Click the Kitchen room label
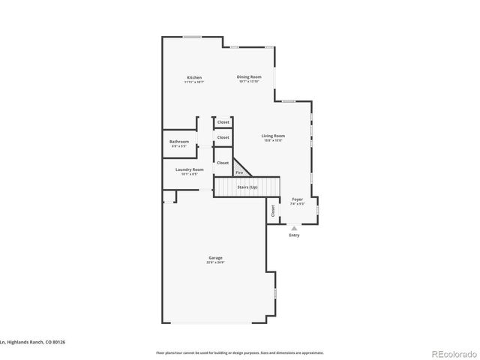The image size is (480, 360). point(194,78)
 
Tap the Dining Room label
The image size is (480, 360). point(249,76)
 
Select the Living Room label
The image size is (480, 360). point(273,136)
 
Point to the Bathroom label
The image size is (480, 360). point(178,142)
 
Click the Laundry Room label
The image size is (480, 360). point(189,169)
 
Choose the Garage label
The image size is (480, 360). point(215,258)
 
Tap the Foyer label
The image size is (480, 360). point(297,199)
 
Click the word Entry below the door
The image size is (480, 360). point(294,235)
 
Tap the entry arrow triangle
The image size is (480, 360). point(294,227)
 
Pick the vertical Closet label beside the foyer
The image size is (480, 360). point(273,212)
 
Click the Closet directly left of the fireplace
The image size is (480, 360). point(223,163)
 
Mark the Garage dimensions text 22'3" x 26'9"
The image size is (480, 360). point(215,263)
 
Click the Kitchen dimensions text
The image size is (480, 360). point(194,82)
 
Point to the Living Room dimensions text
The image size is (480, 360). point(273,141)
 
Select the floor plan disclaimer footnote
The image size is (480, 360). point(239,352)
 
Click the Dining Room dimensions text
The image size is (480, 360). point(249,82)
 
